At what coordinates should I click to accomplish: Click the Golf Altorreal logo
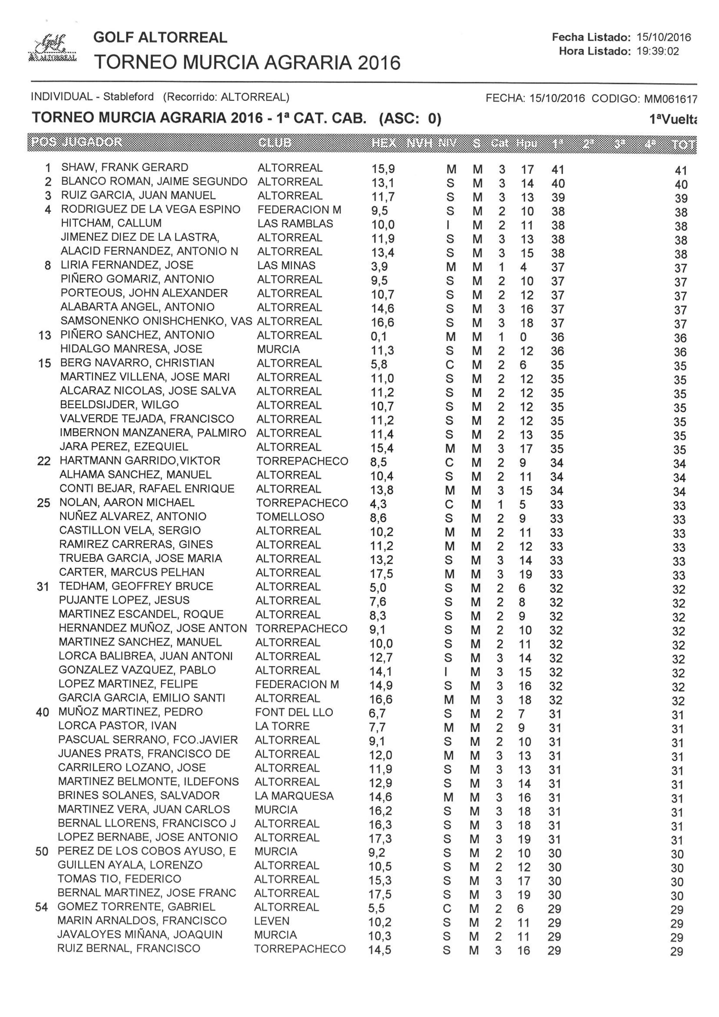(x=52, y=48)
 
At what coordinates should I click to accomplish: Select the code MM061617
(x=670, y=98)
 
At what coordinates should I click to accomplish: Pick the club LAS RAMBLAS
(x=295, y=224)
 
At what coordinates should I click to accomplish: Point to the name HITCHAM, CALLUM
(x=111, y=223)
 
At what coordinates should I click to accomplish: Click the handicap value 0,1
(x=379, y=337)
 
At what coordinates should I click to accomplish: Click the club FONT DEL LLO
(x=294, y=712)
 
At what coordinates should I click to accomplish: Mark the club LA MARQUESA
(x=294, y=796)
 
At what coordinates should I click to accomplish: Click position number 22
(x=44, y=461)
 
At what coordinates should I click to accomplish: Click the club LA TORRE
(x=282, y=726)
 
